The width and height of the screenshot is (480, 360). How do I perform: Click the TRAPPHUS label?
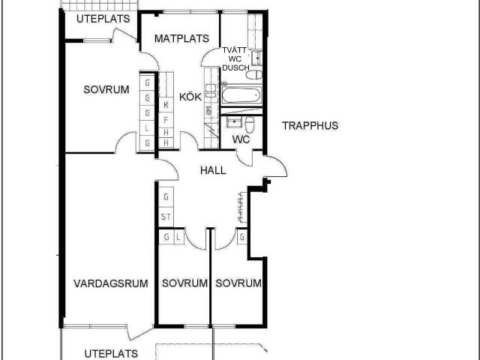click(x=310, y=125)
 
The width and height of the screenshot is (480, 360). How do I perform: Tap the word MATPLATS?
click(x=181, y=38)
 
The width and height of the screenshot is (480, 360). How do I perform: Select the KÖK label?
click(x=190, y=97)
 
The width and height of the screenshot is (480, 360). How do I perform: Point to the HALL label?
click(x=213, y=170)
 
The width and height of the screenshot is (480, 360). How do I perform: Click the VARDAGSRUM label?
click(x=111, y=283)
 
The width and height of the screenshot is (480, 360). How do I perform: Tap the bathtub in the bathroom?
click(x=241, y=95)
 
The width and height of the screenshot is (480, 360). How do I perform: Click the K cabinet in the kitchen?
click(x=166, y=105)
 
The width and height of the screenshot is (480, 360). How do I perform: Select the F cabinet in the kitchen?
click(x=166, y=120)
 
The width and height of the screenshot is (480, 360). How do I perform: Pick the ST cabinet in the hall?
click(x=166, y=217)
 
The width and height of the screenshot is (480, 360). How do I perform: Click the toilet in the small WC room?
click(x=250, y=124)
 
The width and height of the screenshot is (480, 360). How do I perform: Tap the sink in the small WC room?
click(x=235, y=122)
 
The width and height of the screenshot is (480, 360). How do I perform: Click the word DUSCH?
click(x=235, y=67)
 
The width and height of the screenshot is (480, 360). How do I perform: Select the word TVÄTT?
click(x=235, y=50)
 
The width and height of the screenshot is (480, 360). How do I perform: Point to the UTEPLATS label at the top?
click(x=103, y=19)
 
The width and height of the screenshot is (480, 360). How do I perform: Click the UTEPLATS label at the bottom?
click(x=111, y=354)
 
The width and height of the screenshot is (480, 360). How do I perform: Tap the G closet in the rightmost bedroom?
click(x=242, y=237)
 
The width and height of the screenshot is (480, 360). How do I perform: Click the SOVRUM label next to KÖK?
click(x=106, y=90)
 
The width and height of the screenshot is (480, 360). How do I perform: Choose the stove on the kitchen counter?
click(x=210, y=91)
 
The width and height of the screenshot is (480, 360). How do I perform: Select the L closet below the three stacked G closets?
click(x=147, y=128)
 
